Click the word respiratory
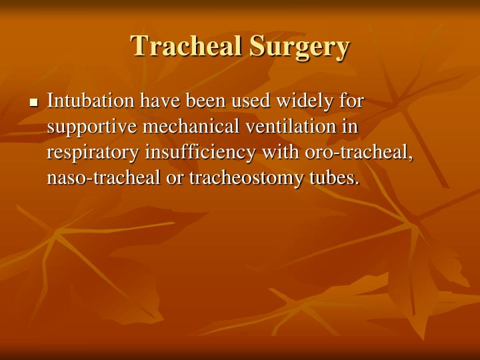(x=93, y=153)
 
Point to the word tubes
(x=337, y=177)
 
